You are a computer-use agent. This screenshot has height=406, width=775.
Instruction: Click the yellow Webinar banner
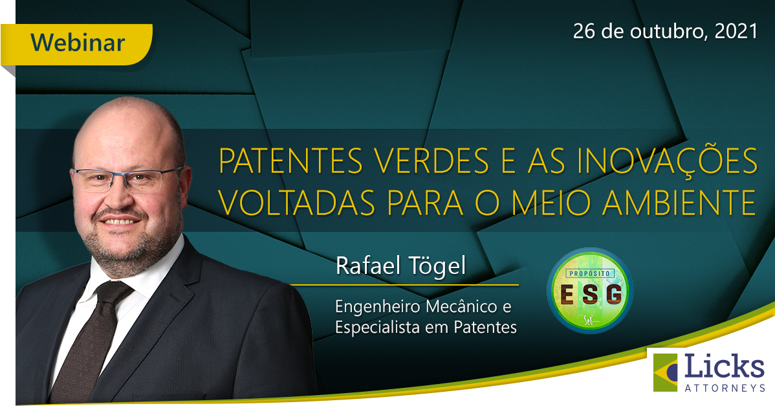coord(76,44)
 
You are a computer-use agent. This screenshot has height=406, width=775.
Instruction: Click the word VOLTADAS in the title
coord(297,202)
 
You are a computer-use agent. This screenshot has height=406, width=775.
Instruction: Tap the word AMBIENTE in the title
coord(679,202)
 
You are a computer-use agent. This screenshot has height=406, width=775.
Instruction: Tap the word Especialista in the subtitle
coord(378,328)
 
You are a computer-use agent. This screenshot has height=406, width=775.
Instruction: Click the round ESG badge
coord(589,290)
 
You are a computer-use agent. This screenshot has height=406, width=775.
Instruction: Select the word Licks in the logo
coord(725,367)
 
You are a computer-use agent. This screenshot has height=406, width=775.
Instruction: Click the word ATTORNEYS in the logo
coord(725,389)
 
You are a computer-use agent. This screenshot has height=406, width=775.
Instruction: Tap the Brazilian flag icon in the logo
coord(665,372)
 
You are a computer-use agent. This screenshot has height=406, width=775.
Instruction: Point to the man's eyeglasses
coord(127,179)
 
